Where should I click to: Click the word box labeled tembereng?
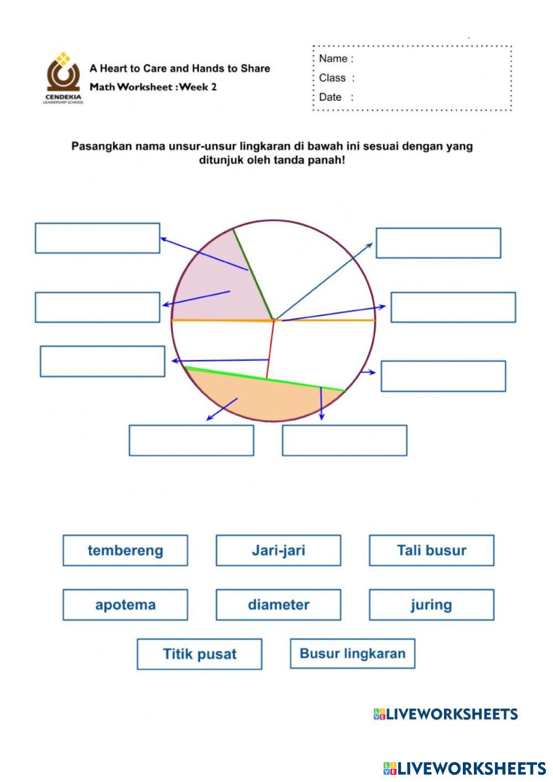125,550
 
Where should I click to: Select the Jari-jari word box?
278,550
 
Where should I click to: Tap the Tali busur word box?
431,550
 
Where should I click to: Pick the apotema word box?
125,604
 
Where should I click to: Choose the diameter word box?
278,604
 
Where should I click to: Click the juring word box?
431,604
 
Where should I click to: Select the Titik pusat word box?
199,654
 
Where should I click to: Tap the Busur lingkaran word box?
352,654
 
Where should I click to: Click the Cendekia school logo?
63,77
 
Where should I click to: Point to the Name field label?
333,59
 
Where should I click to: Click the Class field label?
332,78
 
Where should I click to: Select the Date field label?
330,97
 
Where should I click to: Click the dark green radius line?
253,274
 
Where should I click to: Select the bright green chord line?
265,379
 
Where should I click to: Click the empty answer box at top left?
97,238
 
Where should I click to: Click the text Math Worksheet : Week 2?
153,87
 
